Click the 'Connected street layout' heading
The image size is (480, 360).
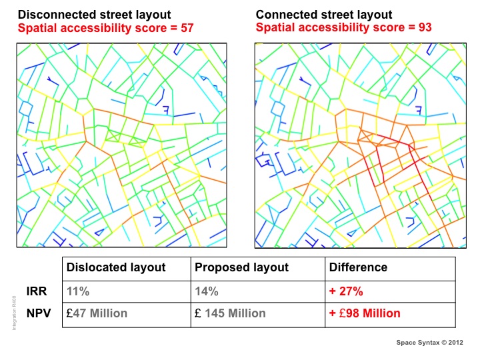[x=324, y=14]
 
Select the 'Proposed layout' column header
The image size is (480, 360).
[x=241, y=267]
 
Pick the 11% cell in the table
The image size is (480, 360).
[x=77, y=291]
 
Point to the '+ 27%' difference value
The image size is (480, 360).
[x=345, y=291]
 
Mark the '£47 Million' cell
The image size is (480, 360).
[x=96, y=313]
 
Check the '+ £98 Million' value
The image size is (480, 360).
[x=365, y=313]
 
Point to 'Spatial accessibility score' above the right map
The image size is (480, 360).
[x=327, y=27]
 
